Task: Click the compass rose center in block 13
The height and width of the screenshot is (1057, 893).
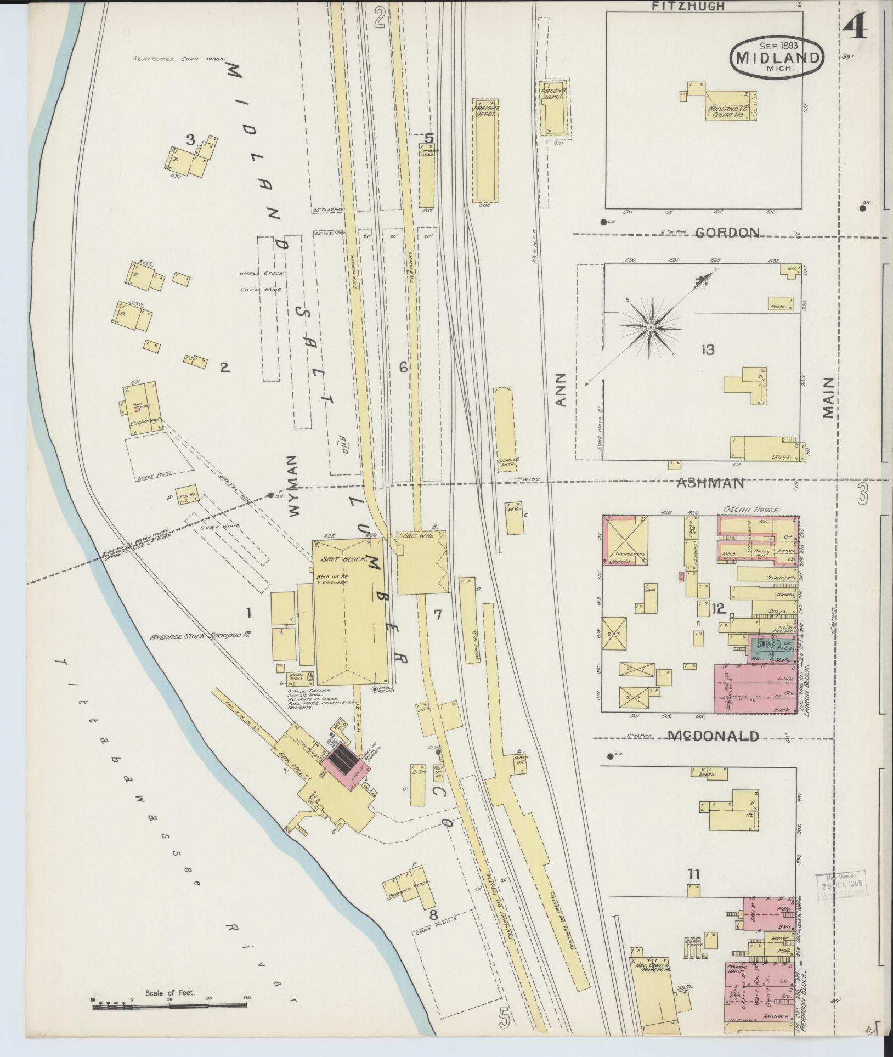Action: [650, 327]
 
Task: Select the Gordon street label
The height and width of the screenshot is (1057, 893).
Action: [727, 233]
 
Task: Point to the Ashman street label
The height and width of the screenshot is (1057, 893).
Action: [710, 483]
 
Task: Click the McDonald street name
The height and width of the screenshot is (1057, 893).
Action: [713, 736]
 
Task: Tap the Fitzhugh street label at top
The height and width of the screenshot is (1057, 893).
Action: [688, 6]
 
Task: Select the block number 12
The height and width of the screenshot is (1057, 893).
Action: [719, 608]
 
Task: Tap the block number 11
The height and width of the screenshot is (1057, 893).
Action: [693, 874]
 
